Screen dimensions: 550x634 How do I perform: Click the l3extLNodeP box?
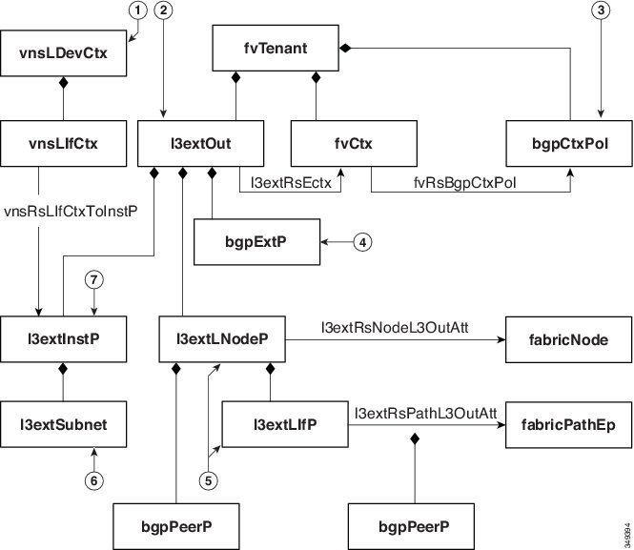[x=224, y=339]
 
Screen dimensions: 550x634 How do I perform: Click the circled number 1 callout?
[x=140, y=11]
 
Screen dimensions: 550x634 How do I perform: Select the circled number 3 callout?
[x=599, y=11]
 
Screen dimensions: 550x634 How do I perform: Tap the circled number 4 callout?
[x=363, y=242]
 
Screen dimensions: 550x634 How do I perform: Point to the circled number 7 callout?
[x=93, y=280]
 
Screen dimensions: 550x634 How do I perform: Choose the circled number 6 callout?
[x=92, y=481]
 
